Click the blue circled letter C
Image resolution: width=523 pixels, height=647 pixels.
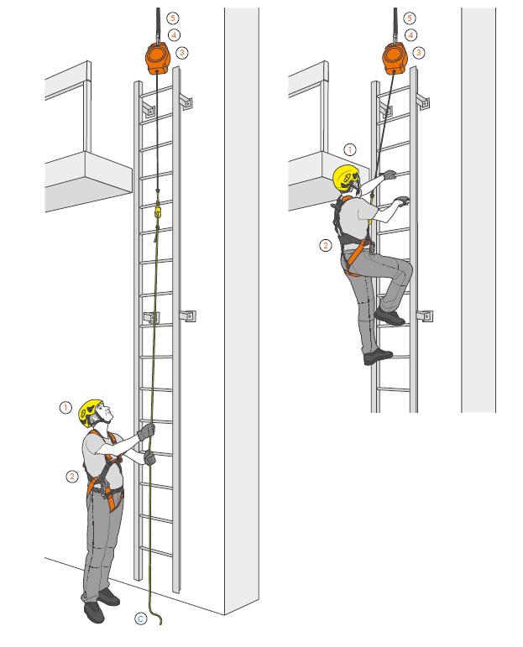click(141, 618)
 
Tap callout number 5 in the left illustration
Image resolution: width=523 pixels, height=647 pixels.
click(173, 18)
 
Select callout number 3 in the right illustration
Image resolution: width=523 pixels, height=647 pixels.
click(419, 52)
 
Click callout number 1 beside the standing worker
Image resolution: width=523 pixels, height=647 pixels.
click(65, 408)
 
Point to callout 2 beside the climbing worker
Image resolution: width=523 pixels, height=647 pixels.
click(326, 246)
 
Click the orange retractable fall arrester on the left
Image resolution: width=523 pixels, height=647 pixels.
click(158, 58)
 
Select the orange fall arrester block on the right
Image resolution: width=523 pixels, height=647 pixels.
click(395, 58)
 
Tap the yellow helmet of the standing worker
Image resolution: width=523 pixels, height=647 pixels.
click(90, 411)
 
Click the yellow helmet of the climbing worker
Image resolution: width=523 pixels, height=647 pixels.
click(346, 178)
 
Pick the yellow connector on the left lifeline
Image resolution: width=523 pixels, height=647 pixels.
click(158, 211)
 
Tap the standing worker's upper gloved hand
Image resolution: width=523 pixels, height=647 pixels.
click(147, 431)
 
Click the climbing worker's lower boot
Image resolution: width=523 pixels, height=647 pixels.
click(377, 357)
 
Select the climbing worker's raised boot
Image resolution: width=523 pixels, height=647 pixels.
click(389, 317)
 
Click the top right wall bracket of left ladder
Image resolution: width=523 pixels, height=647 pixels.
click(186, 102)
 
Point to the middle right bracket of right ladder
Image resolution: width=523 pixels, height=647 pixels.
click(425, 316)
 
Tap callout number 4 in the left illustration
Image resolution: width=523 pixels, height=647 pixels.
click(174, 35)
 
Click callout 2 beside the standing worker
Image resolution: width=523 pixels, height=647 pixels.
click(72, 477)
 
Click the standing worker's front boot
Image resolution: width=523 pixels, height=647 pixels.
click(94, 613)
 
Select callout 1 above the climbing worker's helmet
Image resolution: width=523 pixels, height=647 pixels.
click(349, 149)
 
